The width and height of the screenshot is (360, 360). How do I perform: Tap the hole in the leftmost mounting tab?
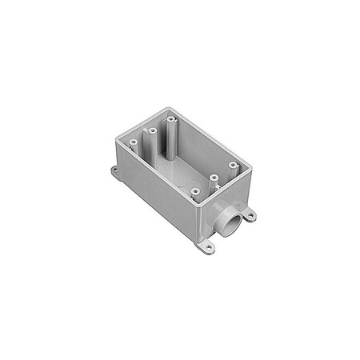coord(114,170)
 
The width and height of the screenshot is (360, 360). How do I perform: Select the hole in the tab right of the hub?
coord(250,214)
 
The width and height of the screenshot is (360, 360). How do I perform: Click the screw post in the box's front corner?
coord(195,191)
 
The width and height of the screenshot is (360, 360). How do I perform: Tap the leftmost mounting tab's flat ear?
coord(117,171)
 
